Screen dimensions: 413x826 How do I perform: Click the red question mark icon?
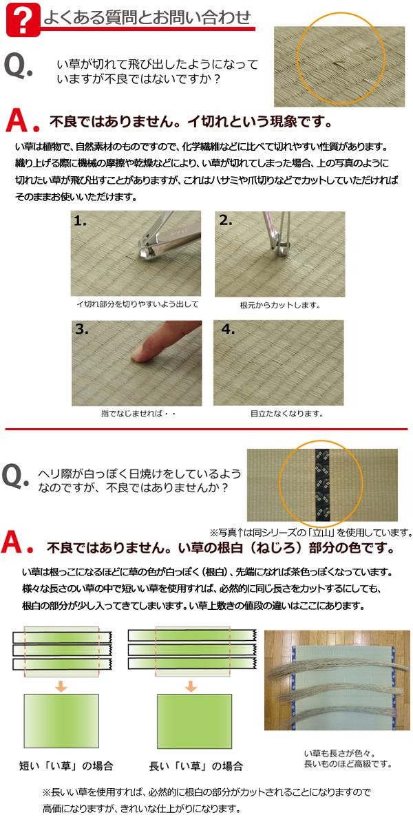[x=23, y=20]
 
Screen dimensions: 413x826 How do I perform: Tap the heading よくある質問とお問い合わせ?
[x=147, y=17]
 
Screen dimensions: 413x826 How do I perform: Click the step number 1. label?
[x=80, y=221]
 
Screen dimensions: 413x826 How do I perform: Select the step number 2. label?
[x=225, y=220]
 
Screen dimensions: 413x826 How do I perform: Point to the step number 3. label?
[x=81, y=329]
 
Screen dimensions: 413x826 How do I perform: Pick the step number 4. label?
[x=228, y=328]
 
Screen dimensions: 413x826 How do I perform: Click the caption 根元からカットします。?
[x=280, y=305]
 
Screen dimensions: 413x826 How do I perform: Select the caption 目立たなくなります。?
[x=286, y=414]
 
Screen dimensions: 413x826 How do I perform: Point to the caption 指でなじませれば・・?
[x=138, y=414]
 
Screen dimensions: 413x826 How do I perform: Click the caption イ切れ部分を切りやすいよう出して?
[x=137, y=304]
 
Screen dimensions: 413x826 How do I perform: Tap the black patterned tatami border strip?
[x=323, y=485]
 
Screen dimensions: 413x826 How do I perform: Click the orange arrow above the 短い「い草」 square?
[x=61, y=686]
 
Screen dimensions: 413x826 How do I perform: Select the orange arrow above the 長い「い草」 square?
[x=191, y=686]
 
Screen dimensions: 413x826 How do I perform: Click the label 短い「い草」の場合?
[x=66, y=766]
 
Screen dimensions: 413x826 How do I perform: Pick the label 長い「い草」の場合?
[x=195, y=766]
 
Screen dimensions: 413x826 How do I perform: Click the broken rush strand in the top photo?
[x=339, y=65]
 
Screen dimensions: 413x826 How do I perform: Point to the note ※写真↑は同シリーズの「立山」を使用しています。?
[x=310, y=532]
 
